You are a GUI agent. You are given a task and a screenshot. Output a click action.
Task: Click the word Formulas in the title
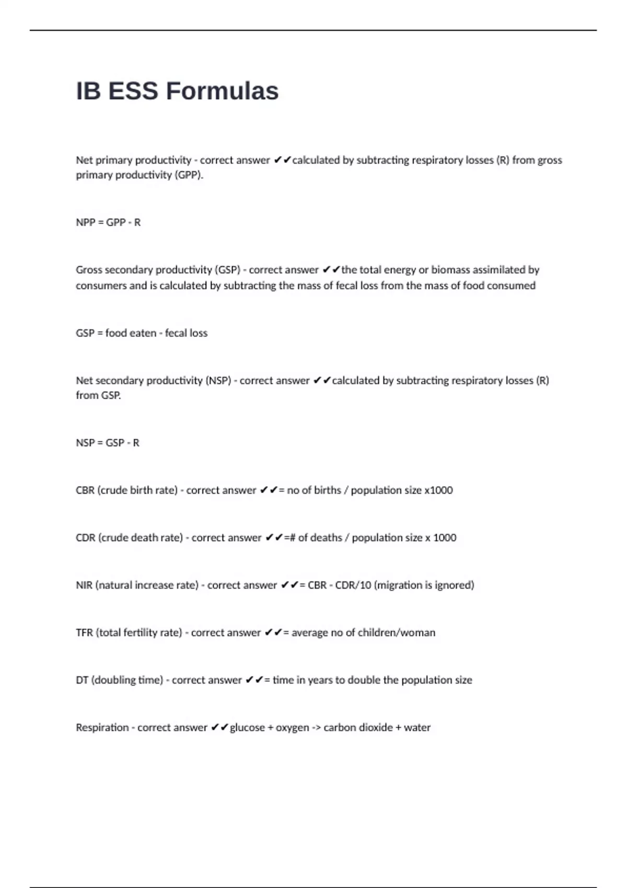tap(222, 91)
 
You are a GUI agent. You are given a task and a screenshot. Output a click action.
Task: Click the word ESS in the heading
tap(133, 91)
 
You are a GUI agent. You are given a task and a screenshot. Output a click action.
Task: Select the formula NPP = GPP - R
tap(108, 223)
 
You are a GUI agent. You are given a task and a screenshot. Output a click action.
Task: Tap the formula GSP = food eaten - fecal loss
tap(142, 333)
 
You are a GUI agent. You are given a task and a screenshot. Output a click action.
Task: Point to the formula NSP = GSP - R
tap(108, 443)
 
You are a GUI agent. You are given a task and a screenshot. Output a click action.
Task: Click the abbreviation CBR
tap(85, 490)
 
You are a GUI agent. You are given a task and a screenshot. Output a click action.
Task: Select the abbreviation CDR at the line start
tap(85, 538)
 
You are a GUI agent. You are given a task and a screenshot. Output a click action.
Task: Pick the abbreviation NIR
tap(84, 586)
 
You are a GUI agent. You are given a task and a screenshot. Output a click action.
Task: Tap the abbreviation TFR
tap(84, 633)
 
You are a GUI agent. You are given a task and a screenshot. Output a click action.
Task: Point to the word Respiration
tap(102, 728)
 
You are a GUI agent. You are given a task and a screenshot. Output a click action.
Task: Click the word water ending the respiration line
tap(417, 728)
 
